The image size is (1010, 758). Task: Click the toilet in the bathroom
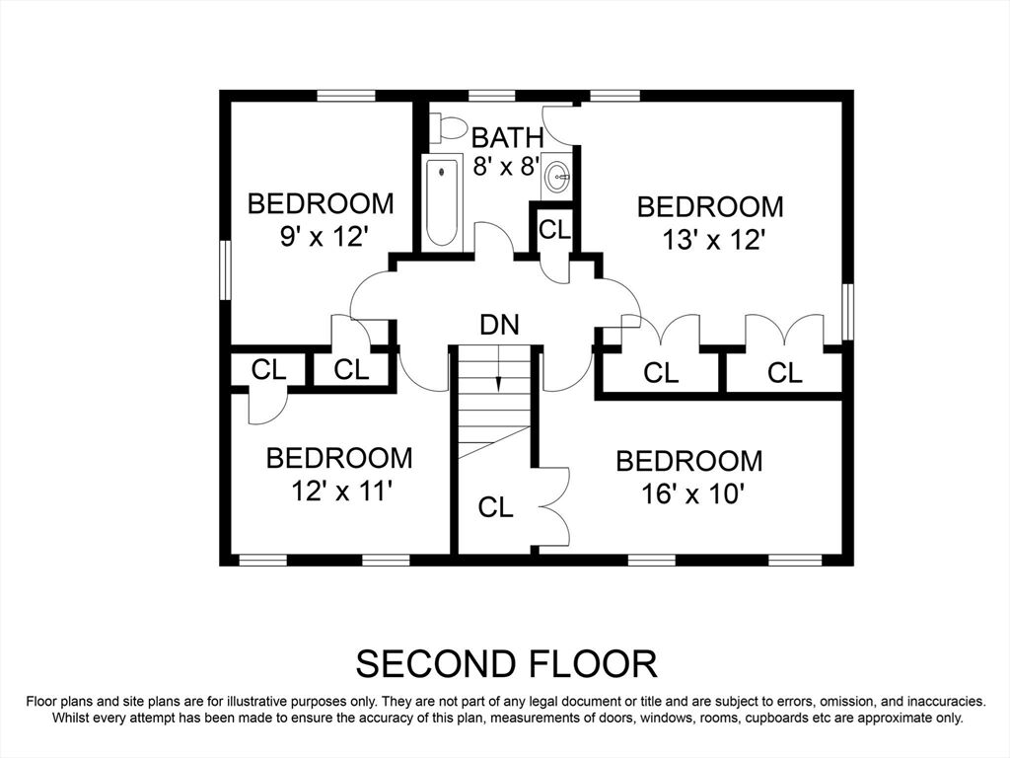pyautogui.click(x=449, y=127)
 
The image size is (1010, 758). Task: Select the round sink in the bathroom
pyautogui.click(x=557, y=175)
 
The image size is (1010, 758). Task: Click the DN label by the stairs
pyautogui.click(x=500, y=325)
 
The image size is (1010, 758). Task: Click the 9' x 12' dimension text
pyautogui.click(x=324, y=237)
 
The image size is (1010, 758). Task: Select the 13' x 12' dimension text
pyautogui.click(x=714, y=241)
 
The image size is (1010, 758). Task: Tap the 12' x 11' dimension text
pyautogui.click(x=342, y=492)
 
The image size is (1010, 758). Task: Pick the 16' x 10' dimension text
pyautogui.click(x=693, y=495)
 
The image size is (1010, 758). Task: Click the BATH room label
pyautogui.click(x=508, y=138)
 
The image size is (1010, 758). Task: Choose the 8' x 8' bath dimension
pyautogui.click(x=506, y=166)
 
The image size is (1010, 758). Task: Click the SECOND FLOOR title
pyautogui.click(x=507, y=664)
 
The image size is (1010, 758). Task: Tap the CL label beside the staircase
pyautogui.click(x=496, y=508)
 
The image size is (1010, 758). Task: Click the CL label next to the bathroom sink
pyautogui.click(x=554, y=229)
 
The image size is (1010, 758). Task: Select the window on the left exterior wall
pyautogui.click(x=226, y=270)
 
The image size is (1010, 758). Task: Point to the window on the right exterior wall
pyautogui.click(x=847, y=312)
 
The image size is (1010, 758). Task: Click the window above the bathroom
pyautogui.click(x=491, y=96)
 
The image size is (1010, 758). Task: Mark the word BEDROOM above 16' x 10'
pyautogui.click(x=689, y=462)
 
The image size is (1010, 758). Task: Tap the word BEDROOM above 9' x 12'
pyautogui.click(x=321, y=203)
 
